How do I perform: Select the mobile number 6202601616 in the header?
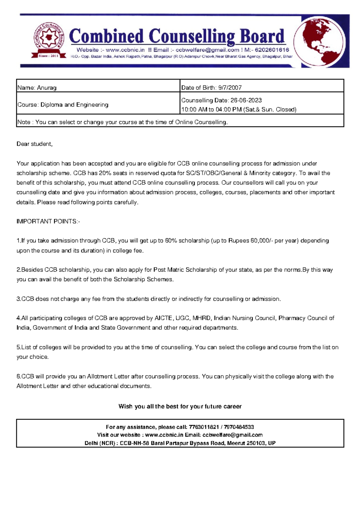pos(272,50)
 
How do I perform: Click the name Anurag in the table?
pos(46,88)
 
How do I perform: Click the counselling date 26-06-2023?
pos(246,100)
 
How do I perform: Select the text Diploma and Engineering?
pos(74,105)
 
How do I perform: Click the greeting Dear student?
pos(34,144)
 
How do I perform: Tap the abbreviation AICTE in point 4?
pos(163,318)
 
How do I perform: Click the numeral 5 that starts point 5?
pos(18,347)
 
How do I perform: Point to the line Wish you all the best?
pos(180,406)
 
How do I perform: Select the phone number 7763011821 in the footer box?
pos(203,427)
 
